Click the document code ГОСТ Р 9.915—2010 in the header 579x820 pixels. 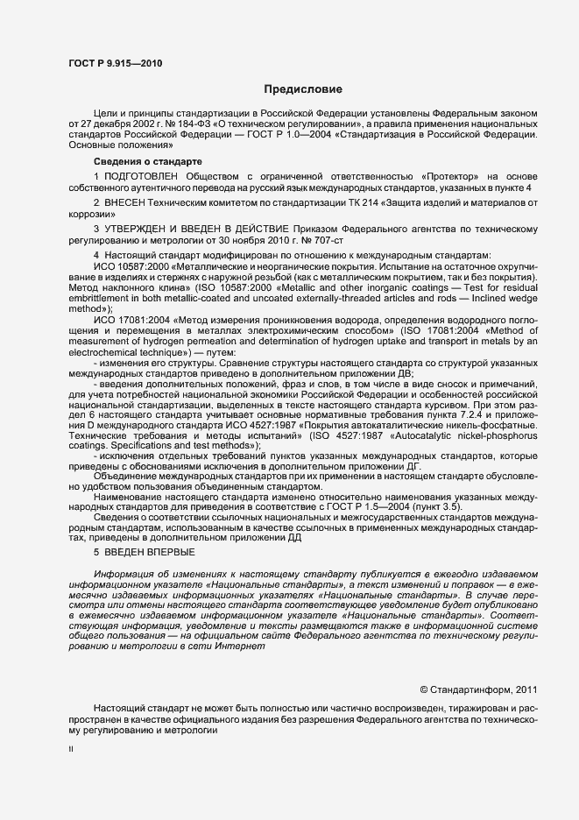pos(115,63)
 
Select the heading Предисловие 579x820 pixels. pos(303,89)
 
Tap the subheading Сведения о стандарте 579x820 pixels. pos(148,162)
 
